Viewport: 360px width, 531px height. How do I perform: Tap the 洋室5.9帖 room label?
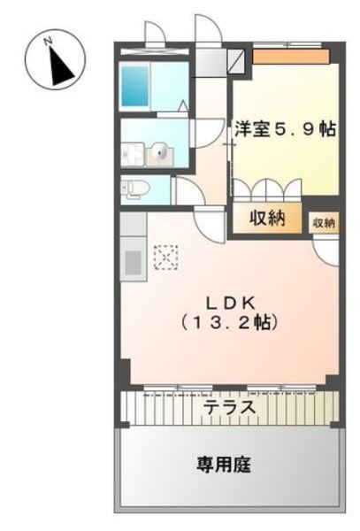point(284,129)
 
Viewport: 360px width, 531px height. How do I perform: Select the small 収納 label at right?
point(324,224)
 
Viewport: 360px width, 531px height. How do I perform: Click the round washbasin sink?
point(161,154)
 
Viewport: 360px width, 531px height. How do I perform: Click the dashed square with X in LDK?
point(165,257)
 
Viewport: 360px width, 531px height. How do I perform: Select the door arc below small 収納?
point(326,250)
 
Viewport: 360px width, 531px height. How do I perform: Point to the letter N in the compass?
point(50,40)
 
